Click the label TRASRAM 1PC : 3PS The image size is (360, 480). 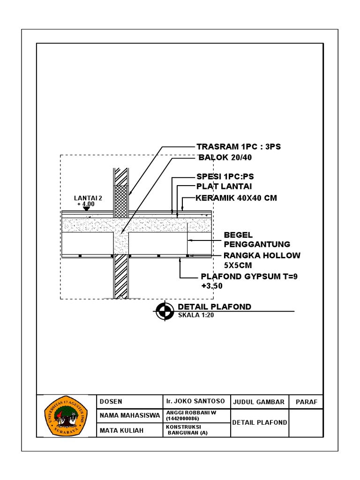(238, 147)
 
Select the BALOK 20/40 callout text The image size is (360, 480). (225, 157)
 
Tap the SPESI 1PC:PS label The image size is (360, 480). (225, 177)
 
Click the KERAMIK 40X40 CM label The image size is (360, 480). (236, 198)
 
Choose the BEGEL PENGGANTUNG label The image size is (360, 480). (257, 240)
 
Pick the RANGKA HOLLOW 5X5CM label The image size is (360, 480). (262, 260)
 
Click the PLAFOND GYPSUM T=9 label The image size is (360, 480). (249, 277)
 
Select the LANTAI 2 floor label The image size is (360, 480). (88, 198)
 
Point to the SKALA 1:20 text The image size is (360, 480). (196, 315)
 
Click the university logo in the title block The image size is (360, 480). (66, 415)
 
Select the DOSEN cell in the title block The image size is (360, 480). (111, 402)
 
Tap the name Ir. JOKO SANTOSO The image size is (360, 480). (195, 402)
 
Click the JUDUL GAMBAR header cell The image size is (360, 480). (259, 402)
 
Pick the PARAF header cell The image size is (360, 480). (306, 402)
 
